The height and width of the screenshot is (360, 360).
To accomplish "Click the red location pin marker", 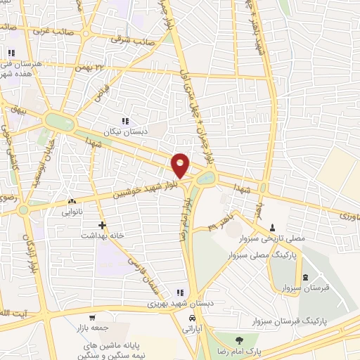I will (x=181, y=165).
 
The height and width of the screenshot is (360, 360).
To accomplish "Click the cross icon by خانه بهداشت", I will (x=103, y=226).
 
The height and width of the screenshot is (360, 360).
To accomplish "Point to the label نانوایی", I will (x=72, y=211).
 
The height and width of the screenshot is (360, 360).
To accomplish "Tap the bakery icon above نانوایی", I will (x=72, y=201).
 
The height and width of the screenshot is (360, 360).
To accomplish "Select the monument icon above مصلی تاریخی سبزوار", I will (x=273, y=227).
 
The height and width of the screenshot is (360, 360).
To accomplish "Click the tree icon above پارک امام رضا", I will (x=240, y=341).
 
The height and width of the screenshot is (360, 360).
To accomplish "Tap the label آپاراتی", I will (x=192, y=328).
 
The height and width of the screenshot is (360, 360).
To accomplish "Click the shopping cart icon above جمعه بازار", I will (x=92, y=318).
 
